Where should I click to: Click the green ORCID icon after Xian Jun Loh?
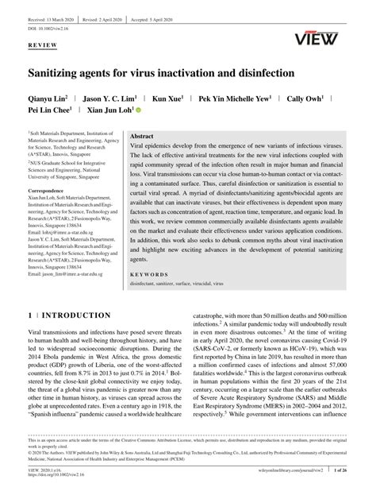click(138, 112)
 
